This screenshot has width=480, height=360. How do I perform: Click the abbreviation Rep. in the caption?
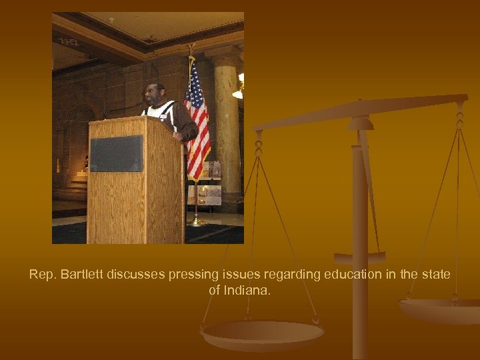[41, 275]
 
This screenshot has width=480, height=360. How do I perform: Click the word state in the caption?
[436, 275]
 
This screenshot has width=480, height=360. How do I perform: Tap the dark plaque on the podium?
[116, 153]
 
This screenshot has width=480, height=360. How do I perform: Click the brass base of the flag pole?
[196, 221]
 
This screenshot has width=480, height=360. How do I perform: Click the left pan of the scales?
[263, 333]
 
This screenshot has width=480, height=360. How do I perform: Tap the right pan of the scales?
[440, 309]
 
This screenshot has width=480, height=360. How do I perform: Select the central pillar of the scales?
[360, 233]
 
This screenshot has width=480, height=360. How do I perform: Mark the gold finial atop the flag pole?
[192, 51]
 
